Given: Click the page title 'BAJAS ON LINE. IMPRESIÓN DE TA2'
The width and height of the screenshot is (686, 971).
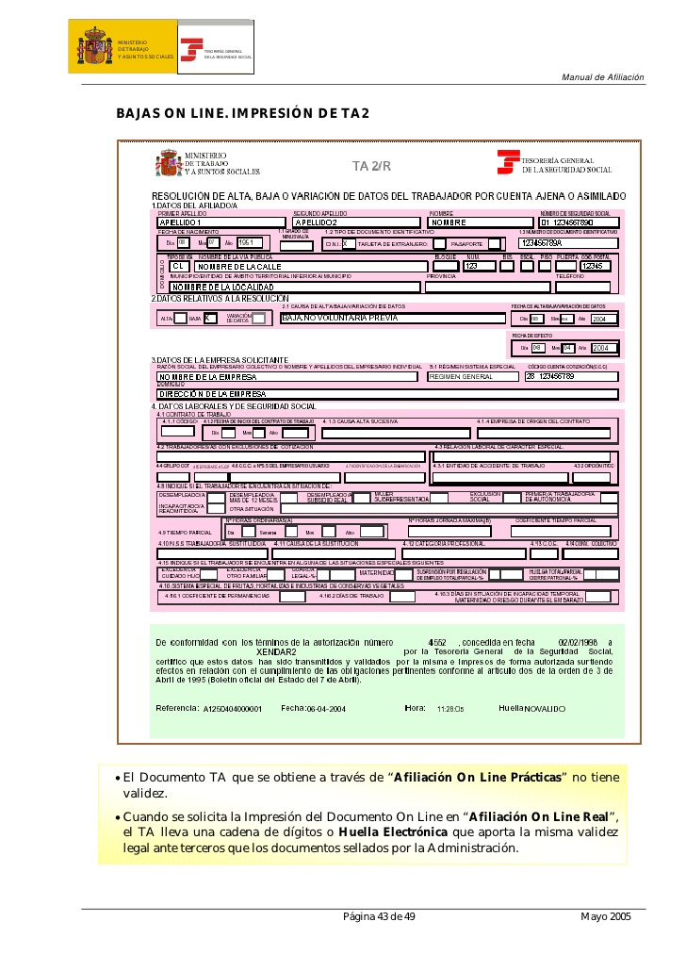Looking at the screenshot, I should [242, 114].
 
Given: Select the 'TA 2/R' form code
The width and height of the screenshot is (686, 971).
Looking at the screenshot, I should [371, 167].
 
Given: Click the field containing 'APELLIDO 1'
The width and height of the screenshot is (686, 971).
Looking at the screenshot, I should [222, 222].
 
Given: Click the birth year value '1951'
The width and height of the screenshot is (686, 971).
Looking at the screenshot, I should [250, 243].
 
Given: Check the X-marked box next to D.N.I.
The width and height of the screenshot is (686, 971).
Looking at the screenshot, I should [349, 243].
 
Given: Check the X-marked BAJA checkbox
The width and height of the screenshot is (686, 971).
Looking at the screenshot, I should [210, 319].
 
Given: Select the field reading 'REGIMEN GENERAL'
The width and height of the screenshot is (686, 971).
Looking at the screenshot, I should [471, 376].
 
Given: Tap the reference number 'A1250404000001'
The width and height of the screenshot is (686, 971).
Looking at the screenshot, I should [233, 708].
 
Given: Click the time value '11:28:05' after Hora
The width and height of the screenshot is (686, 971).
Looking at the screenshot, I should [450, 708].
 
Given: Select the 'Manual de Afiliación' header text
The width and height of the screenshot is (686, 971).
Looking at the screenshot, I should [603, 76].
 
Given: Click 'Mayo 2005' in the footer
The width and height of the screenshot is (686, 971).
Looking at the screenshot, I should [606, 916].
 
